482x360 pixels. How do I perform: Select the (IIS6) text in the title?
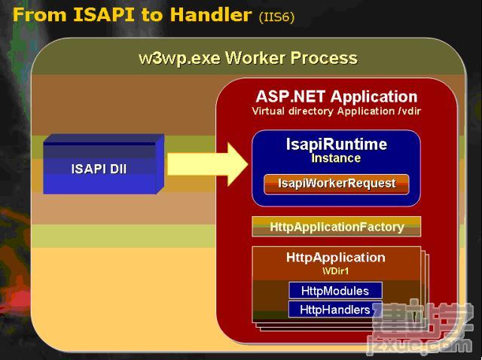[x=276, y=17]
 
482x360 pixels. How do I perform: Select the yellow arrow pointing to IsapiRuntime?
[x=208, y=164]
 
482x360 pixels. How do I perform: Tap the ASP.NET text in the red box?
[x=291, y=96]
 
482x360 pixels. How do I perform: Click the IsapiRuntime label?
[x=337, y=144]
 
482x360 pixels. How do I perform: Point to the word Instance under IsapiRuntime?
[x=336, y=158]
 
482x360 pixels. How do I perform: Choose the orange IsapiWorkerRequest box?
[x=337, y=184]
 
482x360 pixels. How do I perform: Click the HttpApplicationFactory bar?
[x=337, y=227]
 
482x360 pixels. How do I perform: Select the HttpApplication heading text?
[x=336, y=258]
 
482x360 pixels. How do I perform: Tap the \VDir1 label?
[x=336, y=271]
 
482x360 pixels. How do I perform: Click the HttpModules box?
[x=335, y=291]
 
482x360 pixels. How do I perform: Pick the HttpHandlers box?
[x=335, y=310]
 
